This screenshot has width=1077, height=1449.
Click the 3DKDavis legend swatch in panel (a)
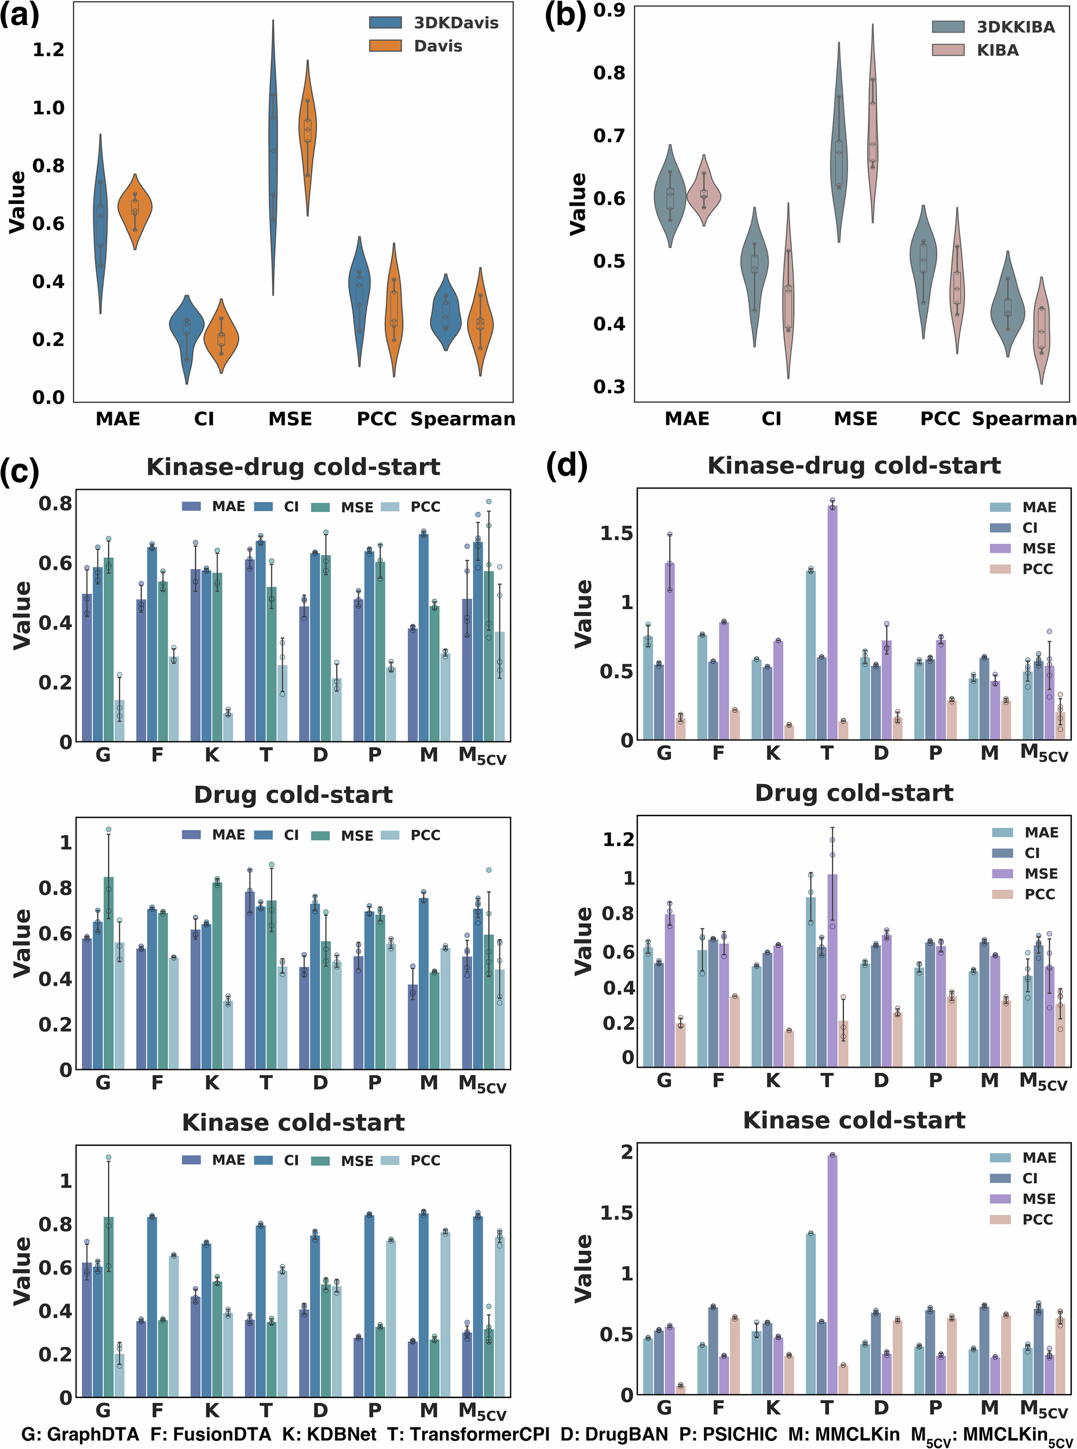385,23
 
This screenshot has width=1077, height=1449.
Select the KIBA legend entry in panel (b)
997,50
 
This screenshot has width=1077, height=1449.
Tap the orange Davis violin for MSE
307,137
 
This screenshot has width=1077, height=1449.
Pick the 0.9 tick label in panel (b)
609,10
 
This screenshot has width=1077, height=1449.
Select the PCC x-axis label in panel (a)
376,418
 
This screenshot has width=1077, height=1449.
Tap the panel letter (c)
20,471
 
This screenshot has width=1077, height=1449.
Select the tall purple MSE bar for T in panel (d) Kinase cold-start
832,1278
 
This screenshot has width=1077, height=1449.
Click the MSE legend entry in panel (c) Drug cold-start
357,835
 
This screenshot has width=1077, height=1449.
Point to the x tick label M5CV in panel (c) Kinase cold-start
482,1412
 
